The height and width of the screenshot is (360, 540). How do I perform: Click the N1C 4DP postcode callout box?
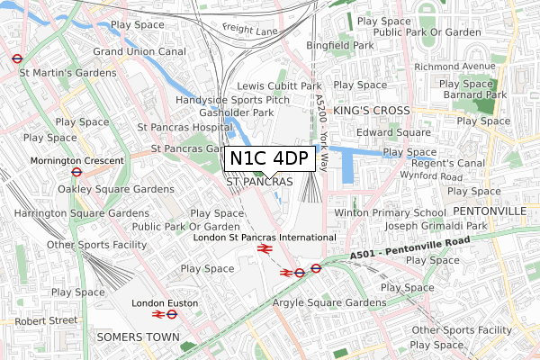coord(270,159)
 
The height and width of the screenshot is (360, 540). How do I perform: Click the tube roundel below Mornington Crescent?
coord(76,174)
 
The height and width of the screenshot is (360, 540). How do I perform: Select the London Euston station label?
coord(164,303)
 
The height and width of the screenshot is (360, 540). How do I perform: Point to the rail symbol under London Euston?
coord(164,316)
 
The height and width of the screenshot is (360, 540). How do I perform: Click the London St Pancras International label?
coord(265,237)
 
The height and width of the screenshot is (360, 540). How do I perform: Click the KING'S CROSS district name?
coord(372,110)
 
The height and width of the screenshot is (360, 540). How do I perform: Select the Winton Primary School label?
coord(384,212)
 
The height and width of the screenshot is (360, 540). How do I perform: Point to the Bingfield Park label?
coord(339,44)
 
